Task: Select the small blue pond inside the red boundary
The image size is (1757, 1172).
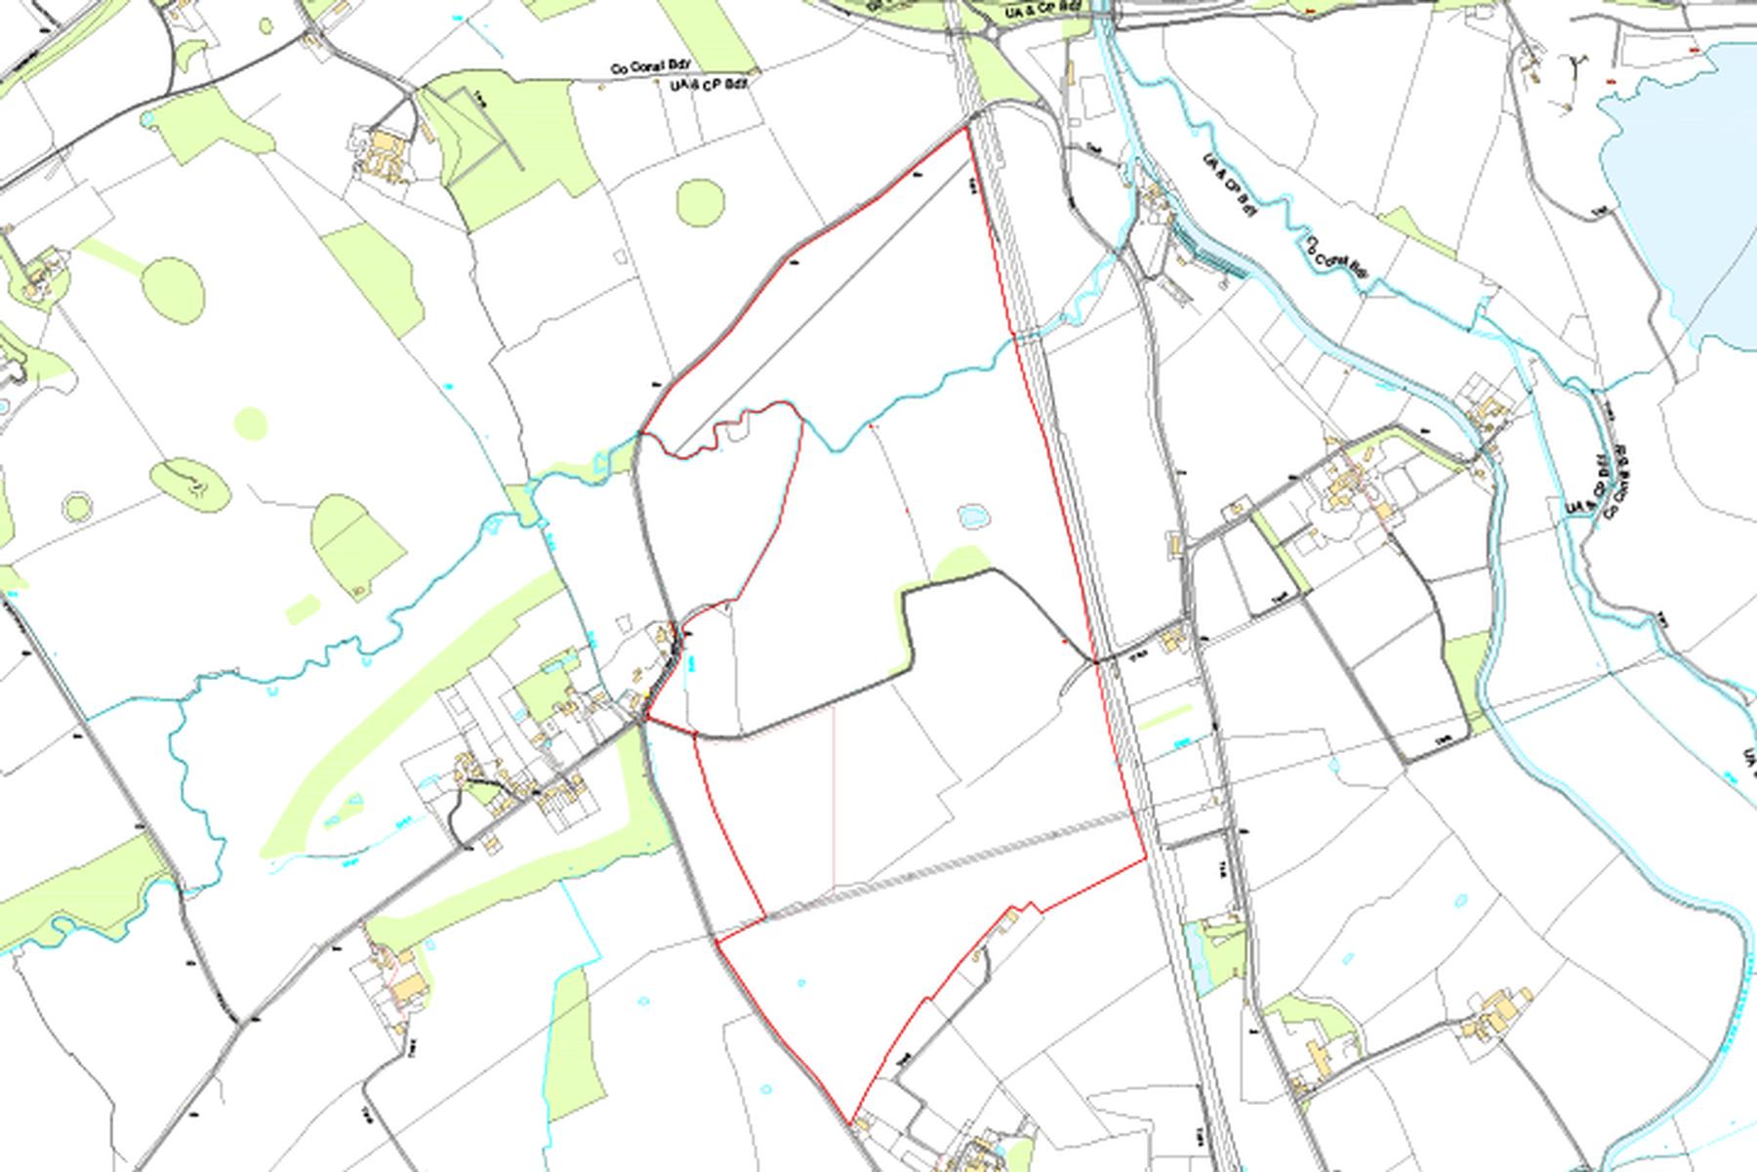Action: click(x=972, y=514)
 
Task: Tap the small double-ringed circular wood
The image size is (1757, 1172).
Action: click(x=77, y=506)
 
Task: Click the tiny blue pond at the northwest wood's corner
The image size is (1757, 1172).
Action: click(x=147, y=119)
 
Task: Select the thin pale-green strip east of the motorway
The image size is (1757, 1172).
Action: click(x=1165, y=716)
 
